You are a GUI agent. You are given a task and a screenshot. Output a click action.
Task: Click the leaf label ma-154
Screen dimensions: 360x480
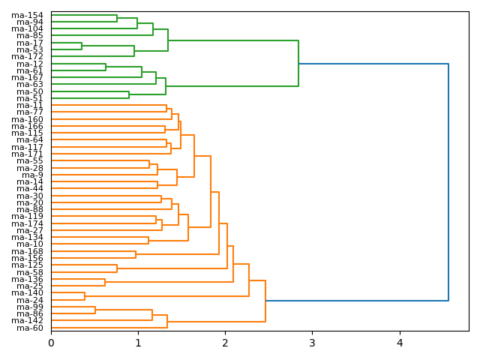[27, 15]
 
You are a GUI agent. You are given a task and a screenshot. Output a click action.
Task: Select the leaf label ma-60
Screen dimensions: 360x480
[30, 328]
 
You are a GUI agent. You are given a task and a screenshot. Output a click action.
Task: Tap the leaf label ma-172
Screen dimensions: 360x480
[27, 57]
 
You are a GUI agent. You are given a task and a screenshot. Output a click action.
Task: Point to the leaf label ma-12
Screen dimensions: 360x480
[30, 64]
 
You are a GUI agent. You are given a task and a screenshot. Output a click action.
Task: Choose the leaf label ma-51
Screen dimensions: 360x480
[30, 98]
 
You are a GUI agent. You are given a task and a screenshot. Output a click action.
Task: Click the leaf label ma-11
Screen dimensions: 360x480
[30, 106]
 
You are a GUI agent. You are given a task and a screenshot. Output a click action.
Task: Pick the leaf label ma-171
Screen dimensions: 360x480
[27, 154]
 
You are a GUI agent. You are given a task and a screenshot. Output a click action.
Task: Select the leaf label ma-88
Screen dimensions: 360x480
[30, 209]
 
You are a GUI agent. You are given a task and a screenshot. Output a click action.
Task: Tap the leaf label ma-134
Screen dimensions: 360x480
[27, 237]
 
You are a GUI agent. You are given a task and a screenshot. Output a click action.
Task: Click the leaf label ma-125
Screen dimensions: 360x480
[27, 265]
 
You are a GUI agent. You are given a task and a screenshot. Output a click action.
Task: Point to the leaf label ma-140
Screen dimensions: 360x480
[27, 292]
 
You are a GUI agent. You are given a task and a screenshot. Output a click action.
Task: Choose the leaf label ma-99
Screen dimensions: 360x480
[30, 307]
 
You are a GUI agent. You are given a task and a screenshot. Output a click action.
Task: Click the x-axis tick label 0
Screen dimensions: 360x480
[51, 343]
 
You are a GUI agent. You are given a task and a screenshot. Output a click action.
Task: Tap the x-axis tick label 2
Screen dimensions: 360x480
[225, 343]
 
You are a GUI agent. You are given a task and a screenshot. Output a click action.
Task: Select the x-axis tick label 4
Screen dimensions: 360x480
[399, 343]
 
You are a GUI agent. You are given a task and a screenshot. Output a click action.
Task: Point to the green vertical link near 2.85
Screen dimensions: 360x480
[298, 64]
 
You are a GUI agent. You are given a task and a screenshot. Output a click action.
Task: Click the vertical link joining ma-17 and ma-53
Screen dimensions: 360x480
[82, 46]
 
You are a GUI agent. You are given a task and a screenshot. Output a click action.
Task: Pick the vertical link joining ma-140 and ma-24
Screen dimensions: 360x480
[85, 296]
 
